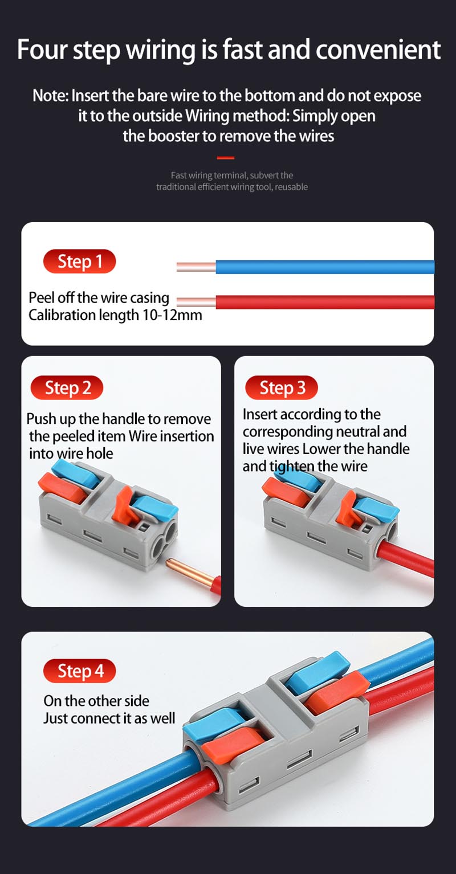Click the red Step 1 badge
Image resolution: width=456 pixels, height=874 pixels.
80,262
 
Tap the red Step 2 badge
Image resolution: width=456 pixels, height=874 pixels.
67,388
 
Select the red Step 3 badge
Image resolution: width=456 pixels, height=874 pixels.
282,388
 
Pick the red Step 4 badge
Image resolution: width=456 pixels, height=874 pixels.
80,671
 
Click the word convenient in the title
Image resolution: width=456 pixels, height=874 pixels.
378,50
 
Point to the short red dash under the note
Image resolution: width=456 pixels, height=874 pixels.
226,158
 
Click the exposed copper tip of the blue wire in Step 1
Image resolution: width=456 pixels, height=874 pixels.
197,267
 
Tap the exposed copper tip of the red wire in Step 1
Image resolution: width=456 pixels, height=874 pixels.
197,302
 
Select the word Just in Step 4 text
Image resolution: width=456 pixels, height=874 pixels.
55,718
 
